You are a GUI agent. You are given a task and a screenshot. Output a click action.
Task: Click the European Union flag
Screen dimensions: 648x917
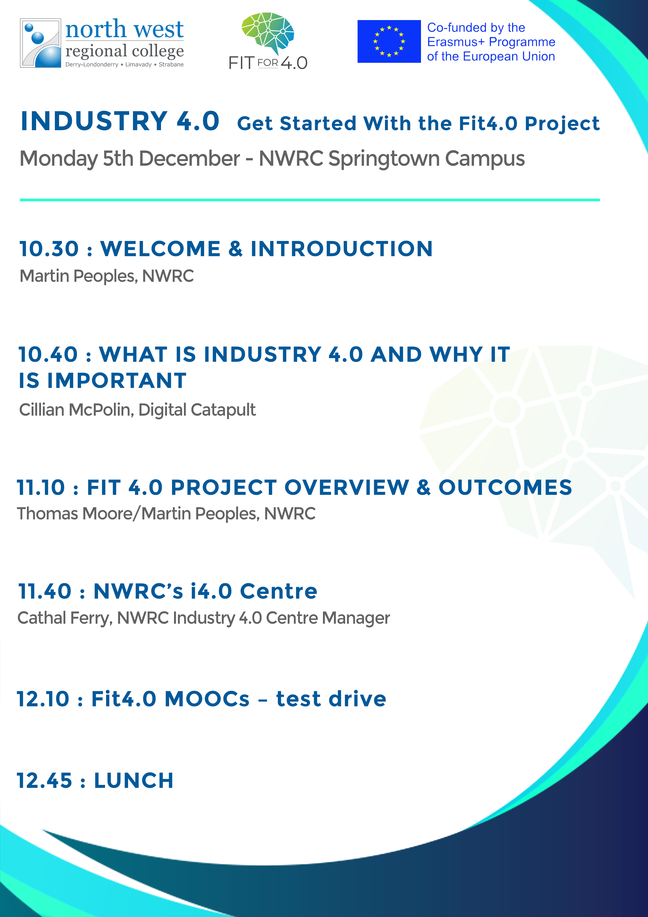[389, 42]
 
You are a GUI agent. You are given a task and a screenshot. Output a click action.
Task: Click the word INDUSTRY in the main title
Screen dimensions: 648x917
[94, 121]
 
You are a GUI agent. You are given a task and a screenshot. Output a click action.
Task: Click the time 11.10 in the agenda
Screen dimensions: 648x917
[41, 487]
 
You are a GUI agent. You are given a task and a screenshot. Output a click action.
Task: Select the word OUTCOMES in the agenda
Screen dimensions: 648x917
[505, 487]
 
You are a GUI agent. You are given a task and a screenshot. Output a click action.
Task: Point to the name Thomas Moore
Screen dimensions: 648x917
[75, 514]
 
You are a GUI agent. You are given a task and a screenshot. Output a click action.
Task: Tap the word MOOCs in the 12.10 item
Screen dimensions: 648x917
[207, 699]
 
